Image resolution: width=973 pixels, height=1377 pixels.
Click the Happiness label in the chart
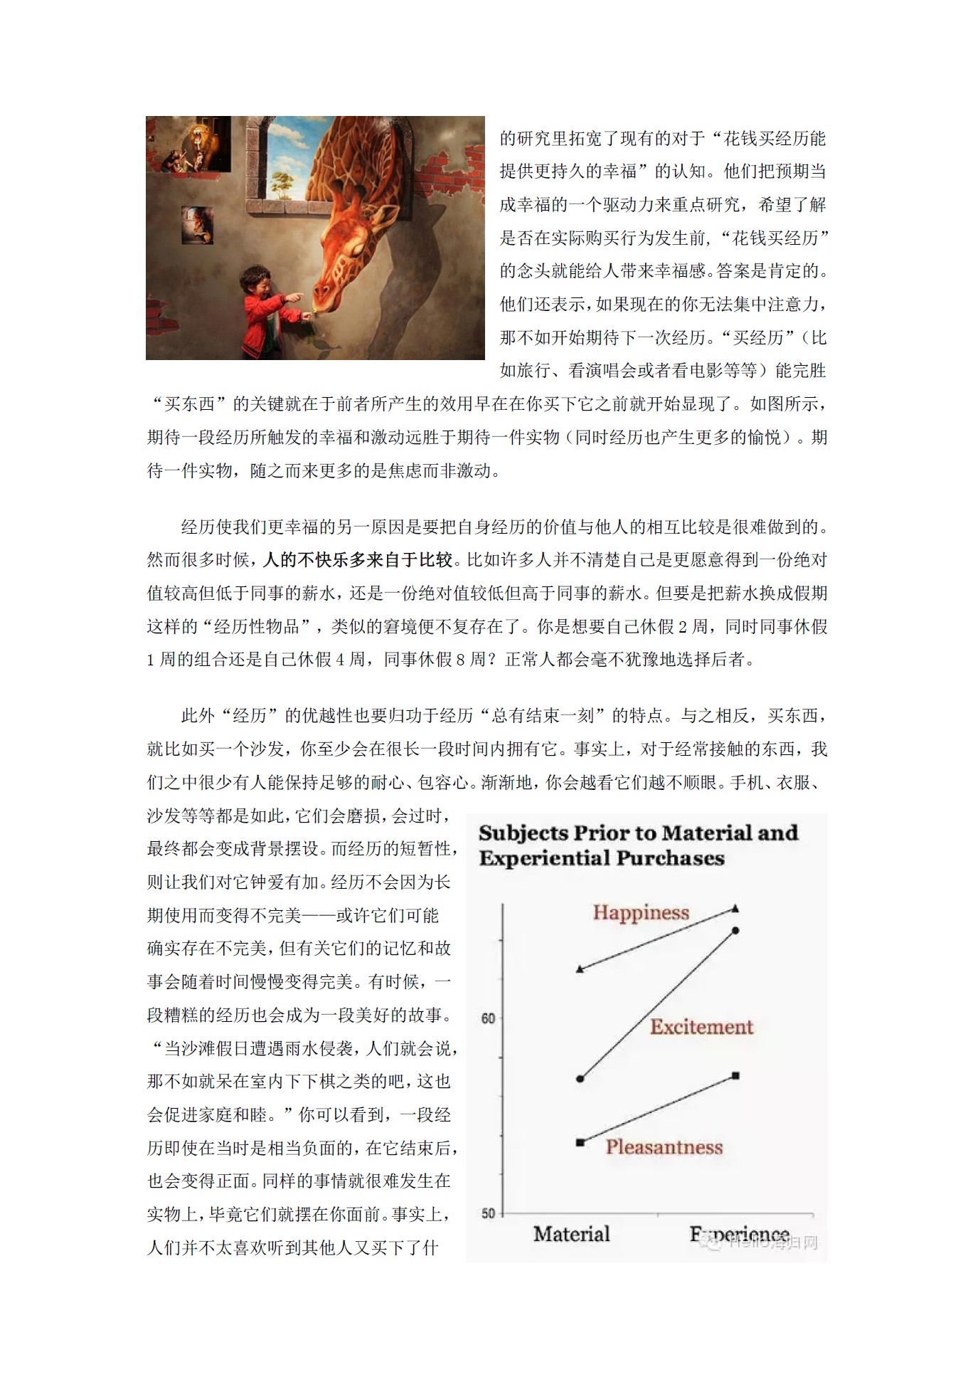coord(641,912)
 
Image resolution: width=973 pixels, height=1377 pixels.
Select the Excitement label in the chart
coord(701,1026)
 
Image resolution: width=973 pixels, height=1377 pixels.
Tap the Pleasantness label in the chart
coord(664,1146)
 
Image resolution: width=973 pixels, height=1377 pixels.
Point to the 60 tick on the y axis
coord(488,1018)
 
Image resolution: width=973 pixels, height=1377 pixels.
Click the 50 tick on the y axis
coord(488,1213)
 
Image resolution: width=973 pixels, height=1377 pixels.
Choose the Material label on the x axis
coord(572,1234)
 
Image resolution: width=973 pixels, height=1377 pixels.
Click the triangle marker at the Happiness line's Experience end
coord(735,909)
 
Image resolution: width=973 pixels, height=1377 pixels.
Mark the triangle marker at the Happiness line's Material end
coord(580,969)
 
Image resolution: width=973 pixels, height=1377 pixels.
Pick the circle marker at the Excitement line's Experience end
coord(735,931)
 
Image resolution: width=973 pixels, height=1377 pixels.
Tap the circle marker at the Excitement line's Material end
coord(580,1079)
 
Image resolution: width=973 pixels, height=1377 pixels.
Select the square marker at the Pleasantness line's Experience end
coord(735,1076)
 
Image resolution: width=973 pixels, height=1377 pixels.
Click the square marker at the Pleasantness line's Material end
coord(580,1142)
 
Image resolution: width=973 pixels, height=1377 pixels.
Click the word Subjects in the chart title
coord(523,833)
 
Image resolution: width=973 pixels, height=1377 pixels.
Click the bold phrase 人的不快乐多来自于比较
coord(358,560)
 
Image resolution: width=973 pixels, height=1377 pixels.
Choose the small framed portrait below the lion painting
coord(198,225)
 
